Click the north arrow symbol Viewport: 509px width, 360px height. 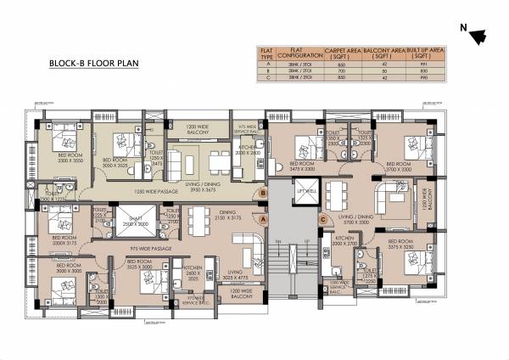pyautogui.click(x=478, y=35)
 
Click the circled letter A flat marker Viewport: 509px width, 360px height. pyautogui.click(x=264, y=218)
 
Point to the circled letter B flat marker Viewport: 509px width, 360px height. pyautogui.click(x=264, y=194)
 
